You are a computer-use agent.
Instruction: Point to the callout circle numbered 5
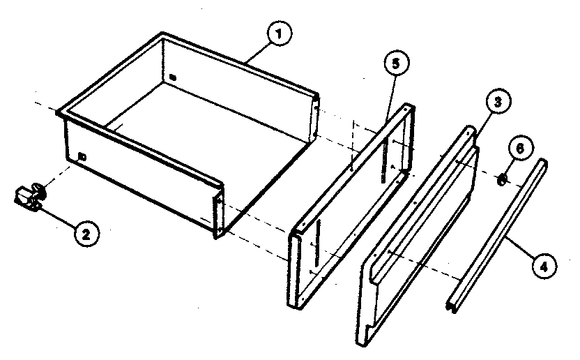(395, 63)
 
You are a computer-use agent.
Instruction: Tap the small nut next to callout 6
(502, 179)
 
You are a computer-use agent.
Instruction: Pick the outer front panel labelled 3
(418, 237)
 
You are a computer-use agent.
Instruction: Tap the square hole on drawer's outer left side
(83, 156)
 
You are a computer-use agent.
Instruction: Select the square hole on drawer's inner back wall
(172, 76)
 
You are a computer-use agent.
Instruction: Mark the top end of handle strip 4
(542, 163)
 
